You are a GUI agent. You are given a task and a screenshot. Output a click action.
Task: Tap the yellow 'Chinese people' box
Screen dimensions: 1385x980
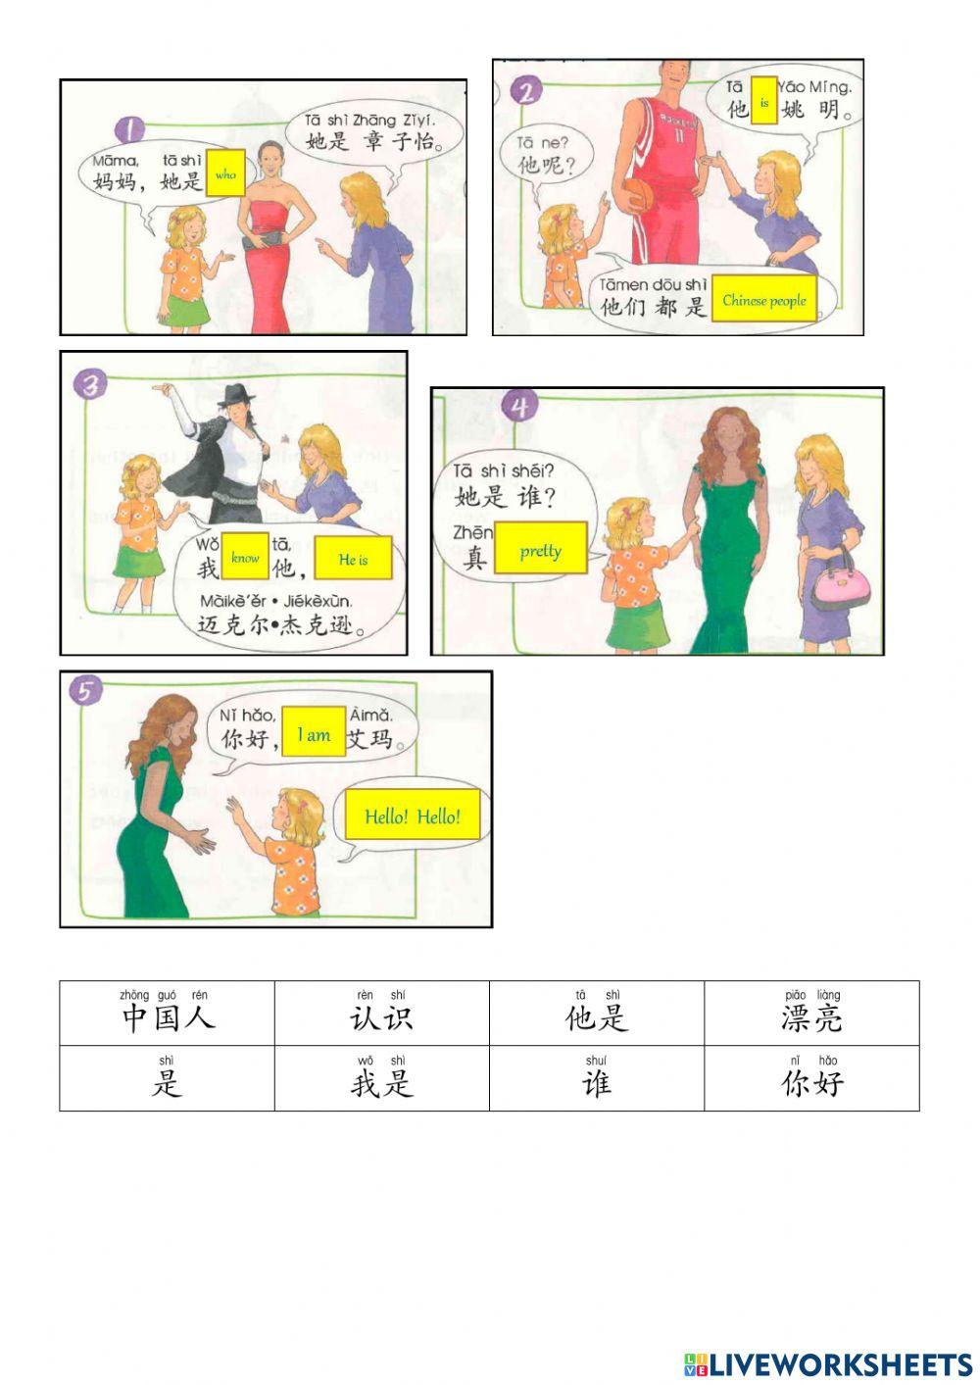pyautogui.click(x=764, y=300)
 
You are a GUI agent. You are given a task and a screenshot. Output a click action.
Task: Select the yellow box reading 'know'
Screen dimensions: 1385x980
pyautogui.click(x=245, y=557)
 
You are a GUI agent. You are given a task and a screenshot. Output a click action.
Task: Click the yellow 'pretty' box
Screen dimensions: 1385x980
pyautogui.click(x=541, y=550)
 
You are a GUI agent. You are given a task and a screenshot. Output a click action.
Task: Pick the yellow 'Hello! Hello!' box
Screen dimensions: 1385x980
pyautogui.click(x=412, y=816)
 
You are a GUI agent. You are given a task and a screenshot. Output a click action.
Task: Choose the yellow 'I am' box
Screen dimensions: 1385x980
pyautogui.click(x=314, y=733)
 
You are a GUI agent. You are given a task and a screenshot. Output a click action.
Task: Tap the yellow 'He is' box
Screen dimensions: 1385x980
pyautogui.click(x=353, y=559)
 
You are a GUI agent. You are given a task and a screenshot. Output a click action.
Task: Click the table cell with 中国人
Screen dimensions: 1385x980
pyautogui.click(x=167, y=1013)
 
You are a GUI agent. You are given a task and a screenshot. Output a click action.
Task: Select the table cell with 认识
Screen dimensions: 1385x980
pyautogui.click(x=381, y=1013)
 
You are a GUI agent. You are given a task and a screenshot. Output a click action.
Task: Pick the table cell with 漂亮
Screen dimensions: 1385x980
pyautogui.click(x=811, y=1013)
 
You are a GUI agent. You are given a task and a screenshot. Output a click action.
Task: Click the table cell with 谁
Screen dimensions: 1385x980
pyautogui.click(x=596, y=1077)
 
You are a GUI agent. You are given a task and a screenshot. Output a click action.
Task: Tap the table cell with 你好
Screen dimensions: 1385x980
pyautogui.click(x=811, y=1077)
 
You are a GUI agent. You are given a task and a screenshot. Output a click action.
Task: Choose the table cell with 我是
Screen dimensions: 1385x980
pyautogui.click(x=381, y=1077)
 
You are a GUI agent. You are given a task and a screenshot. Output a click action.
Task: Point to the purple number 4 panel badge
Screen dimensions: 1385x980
pyautogui.click(x=519, y=405)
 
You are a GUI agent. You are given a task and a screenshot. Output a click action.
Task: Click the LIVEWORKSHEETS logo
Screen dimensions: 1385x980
pyautogui.click(x=828, y=1363)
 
